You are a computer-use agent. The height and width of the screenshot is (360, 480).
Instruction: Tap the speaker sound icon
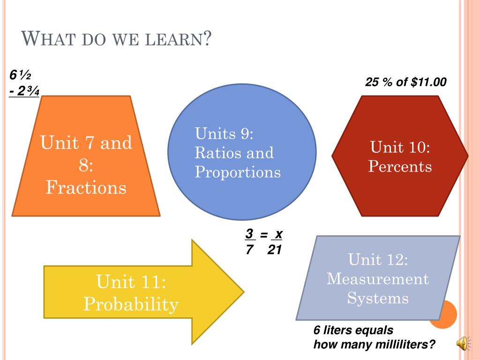coord(462,344)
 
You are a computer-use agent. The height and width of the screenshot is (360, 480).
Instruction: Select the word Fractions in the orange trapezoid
coord(86,188)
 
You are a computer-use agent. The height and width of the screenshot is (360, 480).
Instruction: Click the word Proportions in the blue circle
coord(238,172)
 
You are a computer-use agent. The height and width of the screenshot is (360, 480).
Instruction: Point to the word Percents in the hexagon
coord(400,166)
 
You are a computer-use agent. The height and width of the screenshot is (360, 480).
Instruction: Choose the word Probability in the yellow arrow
coord(131,305)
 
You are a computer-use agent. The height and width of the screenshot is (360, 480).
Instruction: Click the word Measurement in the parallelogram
coord(378,279)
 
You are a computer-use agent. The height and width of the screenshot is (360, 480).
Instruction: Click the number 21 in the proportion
coord(274,250)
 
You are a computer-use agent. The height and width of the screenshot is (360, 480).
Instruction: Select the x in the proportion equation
coord(278,234)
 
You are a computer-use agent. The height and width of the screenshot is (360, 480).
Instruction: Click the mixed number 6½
coord(20,75)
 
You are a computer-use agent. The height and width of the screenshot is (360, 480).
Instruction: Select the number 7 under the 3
coord(249,250)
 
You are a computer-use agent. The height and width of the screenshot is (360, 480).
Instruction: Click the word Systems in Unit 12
coord(378,299)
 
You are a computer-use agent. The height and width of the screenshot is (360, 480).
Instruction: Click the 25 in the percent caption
coord(372,82)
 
